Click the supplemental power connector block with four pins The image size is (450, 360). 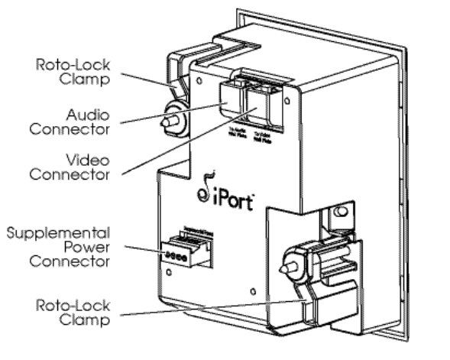(183, 251)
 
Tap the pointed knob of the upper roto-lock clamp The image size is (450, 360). (165, 121)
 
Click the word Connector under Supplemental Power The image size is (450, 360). (71, 261)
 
